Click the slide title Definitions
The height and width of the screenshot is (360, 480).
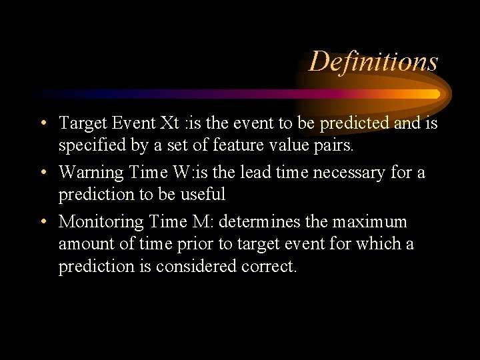(373, 61)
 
